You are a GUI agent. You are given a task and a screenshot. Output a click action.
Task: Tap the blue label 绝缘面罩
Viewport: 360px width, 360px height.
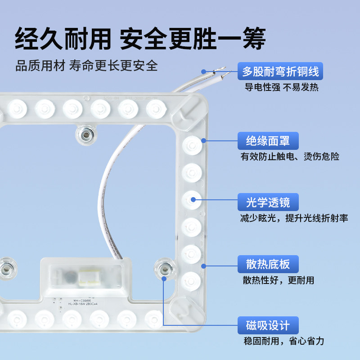pos(268,141)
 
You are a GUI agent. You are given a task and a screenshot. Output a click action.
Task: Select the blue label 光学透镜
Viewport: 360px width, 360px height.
pos(268,202)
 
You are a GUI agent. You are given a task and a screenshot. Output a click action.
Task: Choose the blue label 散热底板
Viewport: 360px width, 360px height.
pos(268,264)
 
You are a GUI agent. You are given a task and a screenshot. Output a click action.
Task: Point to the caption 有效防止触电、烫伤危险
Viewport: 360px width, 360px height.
pos(290,157)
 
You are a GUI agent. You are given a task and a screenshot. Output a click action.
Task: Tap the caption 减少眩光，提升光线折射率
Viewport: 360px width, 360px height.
pos(294,219)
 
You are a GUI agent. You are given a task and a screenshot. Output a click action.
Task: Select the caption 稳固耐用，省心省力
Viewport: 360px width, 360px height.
pos(283,341)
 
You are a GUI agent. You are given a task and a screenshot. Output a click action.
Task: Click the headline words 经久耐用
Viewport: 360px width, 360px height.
pos(62,39)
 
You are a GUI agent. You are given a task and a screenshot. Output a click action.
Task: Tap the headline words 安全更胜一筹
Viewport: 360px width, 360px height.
pos(193,39)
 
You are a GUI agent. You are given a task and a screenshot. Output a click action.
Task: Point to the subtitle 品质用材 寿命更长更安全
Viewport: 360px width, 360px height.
pos(87,66)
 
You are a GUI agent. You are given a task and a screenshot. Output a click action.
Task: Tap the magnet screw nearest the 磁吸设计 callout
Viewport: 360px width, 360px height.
pos(164,269)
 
